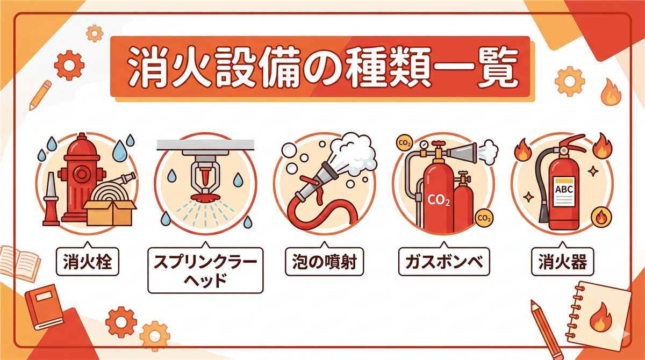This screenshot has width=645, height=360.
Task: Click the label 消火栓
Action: coord(87,262)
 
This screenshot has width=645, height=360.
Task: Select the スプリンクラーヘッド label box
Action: coord(205,270)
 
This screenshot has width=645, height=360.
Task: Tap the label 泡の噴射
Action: coord(324,262)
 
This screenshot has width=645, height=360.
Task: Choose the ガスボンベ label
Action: coord(444,262)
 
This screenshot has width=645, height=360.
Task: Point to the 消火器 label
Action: coord(562,262)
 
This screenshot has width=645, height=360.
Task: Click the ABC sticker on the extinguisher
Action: coord(564,191)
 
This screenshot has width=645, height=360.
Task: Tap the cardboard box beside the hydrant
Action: coord(110,213)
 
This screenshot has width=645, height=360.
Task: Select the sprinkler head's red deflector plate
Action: coord(205,197)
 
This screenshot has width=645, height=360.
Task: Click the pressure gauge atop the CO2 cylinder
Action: coord(424,145)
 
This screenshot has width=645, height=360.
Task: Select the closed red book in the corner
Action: coord(44,307)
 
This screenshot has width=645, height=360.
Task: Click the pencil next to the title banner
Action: coord(41,95)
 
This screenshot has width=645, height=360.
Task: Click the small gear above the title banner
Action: coord(95,33)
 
